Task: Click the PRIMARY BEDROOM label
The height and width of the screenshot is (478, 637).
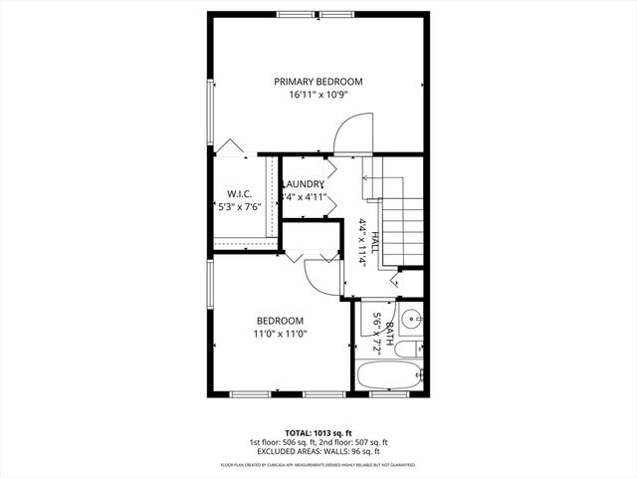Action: coord(318,82)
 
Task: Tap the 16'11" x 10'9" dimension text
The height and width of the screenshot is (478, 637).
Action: coord(318,97)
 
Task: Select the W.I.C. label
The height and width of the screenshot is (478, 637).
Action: coord(238,193)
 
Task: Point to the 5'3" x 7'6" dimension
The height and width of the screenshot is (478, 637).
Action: coord(239,207)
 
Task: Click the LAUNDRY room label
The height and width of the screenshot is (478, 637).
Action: coord(304,184)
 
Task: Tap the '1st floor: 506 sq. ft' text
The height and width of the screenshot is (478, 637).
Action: coord(284,442)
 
